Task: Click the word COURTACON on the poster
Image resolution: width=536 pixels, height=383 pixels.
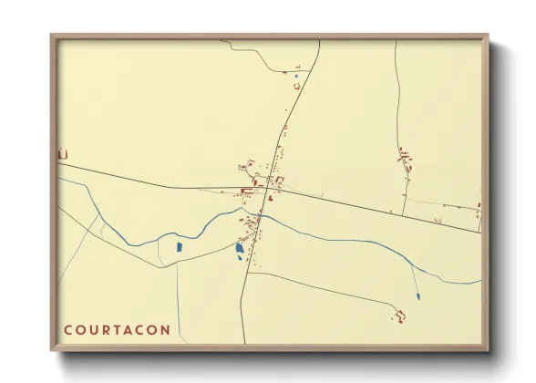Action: click(117, 330)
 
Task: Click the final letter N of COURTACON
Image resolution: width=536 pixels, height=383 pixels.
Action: click(165, 330)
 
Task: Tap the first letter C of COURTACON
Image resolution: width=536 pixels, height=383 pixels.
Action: click(67, 330)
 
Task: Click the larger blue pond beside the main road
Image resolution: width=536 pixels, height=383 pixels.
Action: click(240, 248)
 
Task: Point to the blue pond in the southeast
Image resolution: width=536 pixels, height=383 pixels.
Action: click(417, 295)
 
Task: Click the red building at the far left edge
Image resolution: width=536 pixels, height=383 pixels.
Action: click(62, 154)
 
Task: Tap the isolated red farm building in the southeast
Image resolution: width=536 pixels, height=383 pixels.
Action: click(399, 316)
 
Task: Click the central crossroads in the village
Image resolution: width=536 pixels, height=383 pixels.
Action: click(270, 189)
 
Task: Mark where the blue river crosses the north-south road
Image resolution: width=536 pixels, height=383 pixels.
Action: click(259, 217)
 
